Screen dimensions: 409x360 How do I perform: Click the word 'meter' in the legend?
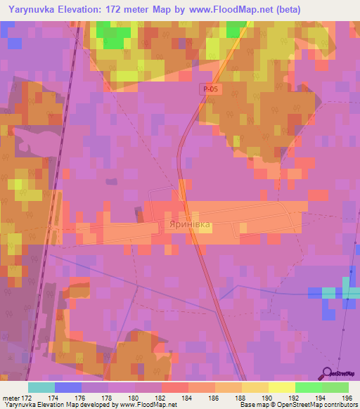point(12,398)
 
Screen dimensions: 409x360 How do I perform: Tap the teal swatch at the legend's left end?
point(41,387)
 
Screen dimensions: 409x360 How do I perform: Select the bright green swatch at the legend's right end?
point(335,387)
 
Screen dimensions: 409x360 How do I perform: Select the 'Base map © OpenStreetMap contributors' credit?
point(299,405)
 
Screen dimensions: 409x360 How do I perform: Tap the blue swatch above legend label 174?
point(68,387)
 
